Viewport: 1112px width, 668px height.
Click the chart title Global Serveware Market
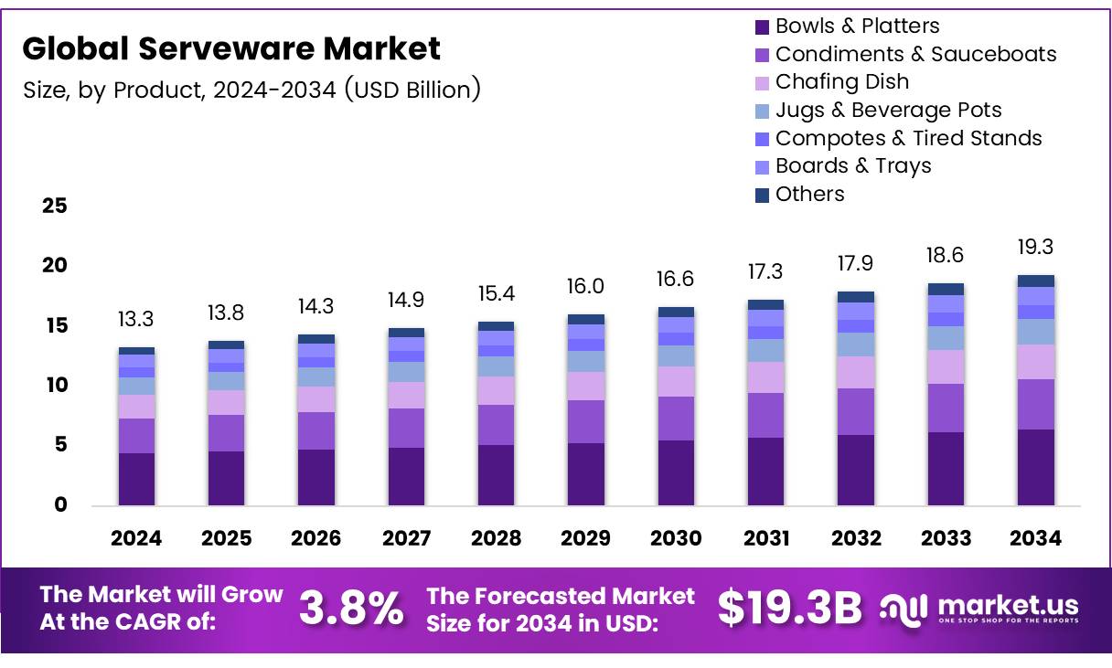[x=231, y=48]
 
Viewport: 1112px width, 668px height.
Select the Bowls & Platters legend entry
[x=856, y=26]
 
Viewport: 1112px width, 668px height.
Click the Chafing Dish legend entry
[x=841, y=81]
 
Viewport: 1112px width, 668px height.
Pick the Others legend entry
[x=809, y=194]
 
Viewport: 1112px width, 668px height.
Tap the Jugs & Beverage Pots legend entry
[x=888, y=110]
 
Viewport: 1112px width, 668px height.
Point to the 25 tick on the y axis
[x=55, y=206]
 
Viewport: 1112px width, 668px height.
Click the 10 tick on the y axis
[x=55, y=385]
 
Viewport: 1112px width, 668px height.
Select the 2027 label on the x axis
[x=406, y=538]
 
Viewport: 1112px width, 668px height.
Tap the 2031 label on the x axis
[x=765, y=538]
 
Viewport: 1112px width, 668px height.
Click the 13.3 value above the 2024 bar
[x=136, y=319]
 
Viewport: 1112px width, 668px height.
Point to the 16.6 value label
[x=676, y=279]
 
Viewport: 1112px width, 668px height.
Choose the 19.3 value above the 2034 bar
[x=1035, y=247]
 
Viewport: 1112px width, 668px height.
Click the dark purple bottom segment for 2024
[x=136, y=479]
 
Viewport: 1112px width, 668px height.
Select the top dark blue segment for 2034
[x=1035, y=281]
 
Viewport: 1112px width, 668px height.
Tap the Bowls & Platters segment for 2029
[x=585, y=473]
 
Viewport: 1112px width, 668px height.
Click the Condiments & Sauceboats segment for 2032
[x=855, y=411]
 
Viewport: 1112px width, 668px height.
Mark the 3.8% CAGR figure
[x=351, y=608]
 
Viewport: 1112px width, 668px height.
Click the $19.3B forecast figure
[x=789, y=608]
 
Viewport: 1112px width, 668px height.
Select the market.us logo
[x=979, y=608]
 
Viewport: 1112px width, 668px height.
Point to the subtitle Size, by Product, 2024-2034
[x=251, y=90]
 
